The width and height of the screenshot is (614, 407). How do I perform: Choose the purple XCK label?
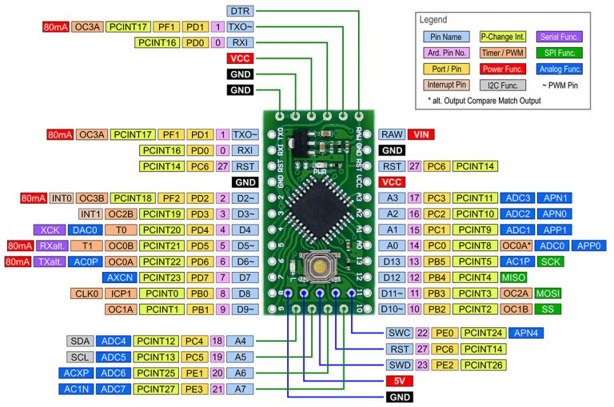pyautogui.click(x=49, y=229)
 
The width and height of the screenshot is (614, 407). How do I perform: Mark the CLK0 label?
pyautogui.click(x=85, y=293)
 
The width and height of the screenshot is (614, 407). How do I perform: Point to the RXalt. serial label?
pyautogui.click(x=52, y=245)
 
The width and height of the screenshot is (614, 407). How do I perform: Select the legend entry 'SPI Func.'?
pyautogui.click(x=560, y=53)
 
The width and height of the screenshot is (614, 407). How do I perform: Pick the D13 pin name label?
pyautogui.click(x=392, y=261)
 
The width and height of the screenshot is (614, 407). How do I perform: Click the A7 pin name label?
pyautogui.click(x=241, y=389)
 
